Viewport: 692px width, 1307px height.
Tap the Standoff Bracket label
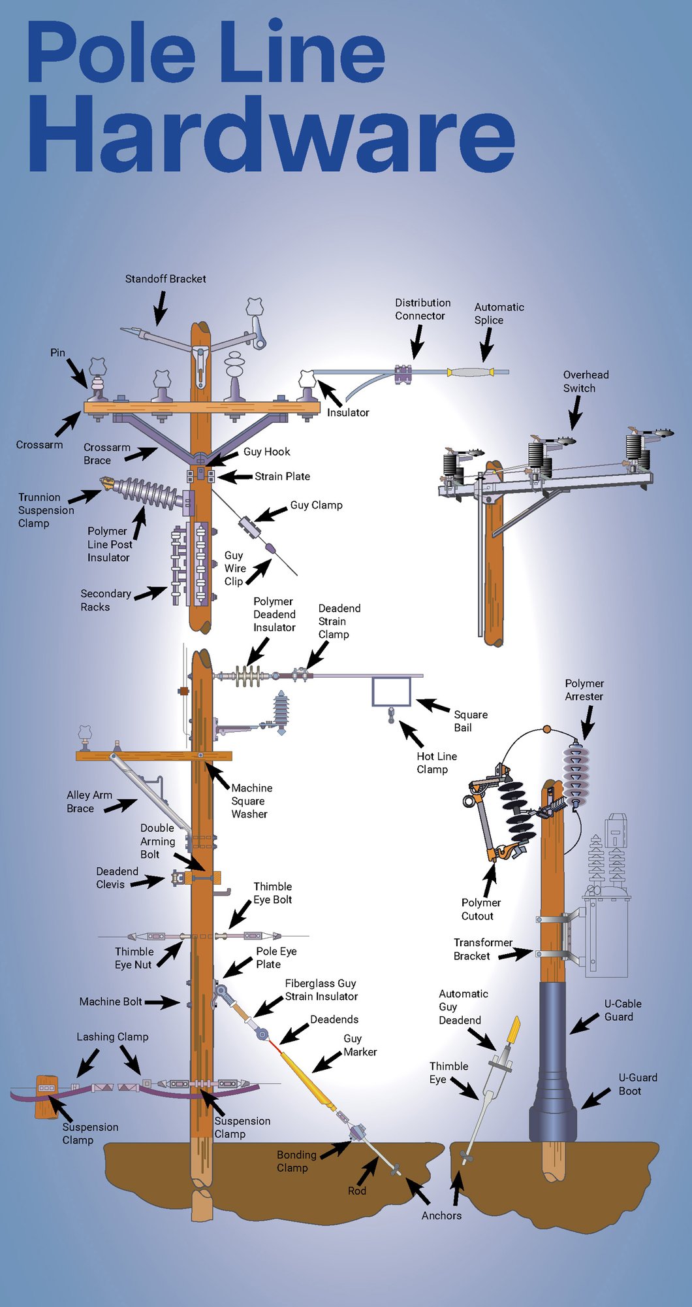[x=165, y=279]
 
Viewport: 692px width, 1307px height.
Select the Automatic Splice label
[x=499, y=314]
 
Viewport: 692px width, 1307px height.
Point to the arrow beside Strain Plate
[x=235, y=477]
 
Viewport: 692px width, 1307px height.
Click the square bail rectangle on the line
[x=391, y=691]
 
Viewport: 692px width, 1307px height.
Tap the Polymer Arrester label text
[x=584, y=690]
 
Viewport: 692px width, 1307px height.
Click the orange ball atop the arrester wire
[x=547, y=729]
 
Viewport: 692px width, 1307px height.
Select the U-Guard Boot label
[x=637, y=1084]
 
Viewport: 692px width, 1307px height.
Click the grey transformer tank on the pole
[x=607, y=935]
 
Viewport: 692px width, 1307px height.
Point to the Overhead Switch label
[x=586, y=382]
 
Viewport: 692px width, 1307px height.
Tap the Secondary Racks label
[x=105, y=600]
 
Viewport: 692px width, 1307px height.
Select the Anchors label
[x=441, y=1216]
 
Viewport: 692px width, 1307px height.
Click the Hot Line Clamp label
[x=437, y=763]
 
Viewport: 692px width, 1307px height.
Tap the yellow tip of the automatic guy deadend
[x=514, y=1029]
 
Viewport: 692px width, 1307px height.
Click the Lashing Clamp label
[x=112, y=1037]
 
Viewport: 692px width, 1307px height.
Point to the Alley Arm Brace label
[x=89, y=802]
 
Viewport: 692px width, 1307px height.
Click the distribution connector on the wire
[x=403, y=374]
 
